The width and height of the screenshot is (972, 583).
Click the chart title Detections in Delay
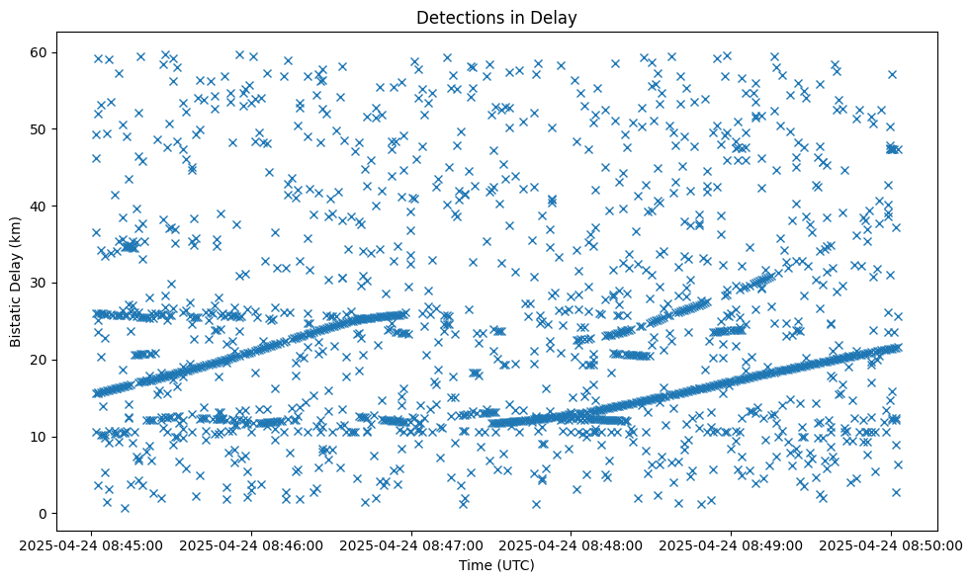click(x=495, y=17)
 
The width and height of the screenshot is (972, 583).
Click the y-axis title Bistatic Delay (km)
click(x=16, y=268)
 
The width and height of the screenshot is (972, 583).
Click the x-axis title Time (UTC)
click(x=495, y=566)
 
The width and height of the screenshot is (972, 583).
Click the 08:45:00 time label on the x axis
click(x=92, y=545)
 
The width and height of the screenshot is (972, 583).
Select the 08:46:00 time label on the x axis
click(x=252, y=545)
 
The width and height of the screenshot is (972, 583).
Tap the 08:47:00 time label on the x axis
click(x=411, y=545)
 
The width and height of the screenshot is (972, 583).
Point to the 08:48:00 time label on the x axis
click(x=572, y=545)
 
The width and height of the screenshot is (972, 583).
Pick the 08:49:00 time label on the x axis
click(x=732, y=545)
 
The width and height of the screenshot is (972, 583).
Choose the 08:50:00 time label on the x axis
click(x=891, y=545)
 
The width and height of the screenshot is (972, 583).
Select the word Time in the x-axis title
click(x=474, y=566)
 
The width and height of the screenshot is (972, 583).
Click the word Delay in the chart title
click(x=557, y=17)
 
